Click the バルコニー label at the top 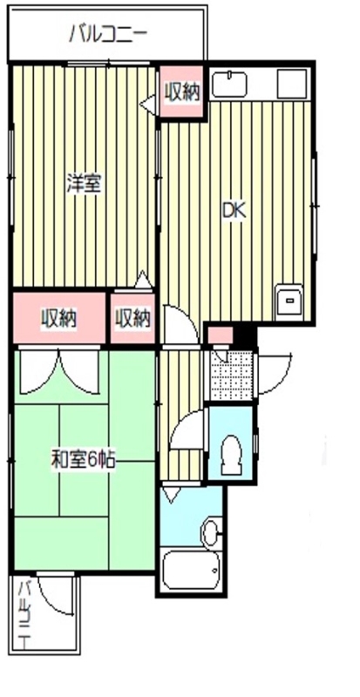pyautogui.click(x=108, y=35)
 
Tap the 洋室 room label pyautogui.click(x=85, y=185)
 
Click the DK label pyautogui.click(x=233, y=210)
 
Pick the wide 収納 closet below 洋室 pyautogui.click(x=59, y=318)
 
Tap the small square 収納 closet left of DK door pyautogui.click(x=132, y=318)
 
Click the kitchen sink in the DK pyautogui.click(x=229, y=85)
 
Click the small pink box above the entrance pyautogui.click(x=220, y=335)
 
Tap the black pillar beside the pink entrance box pyautogui.click(x=245, y=335)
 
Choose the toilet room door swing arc pyautogui.click(x=186, y=431)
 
